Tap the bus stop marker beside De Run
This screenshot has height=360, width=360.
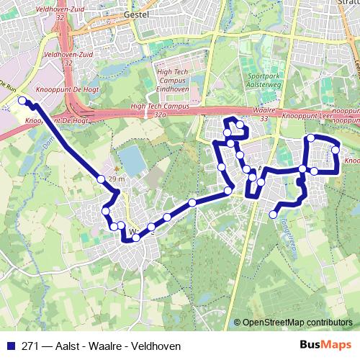[x=22, y=101]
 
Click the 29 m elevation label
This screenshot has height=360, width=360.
[x=117, y=179]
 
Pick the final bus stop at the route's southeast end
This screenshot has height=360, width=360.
[x=274, y=214]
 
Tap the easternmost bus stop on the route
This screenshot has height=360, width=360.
[x=336, y=150]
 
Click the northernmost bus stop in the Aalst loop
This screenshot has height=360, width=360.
[x=240, y=125]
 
